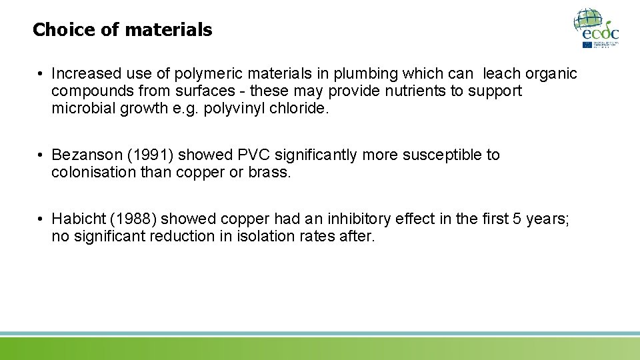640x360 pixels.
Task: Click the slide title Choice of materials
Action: pos(122,30)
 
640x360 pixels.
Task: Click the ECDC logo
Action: pos(597,28)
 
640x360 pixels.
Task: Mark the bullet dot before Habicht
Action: pos(41,219)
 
